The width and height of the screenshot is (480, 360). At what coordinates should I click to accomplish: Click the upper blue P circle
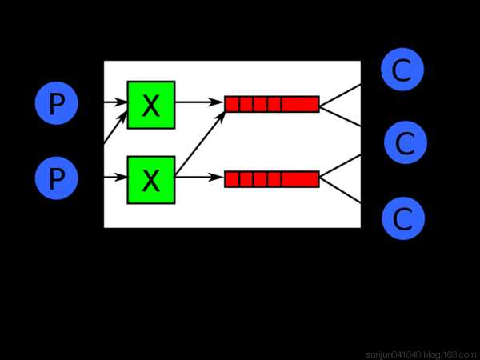click(56, 105)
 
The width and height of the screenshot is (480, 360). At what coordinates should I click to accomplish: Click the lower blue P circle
click(56, 178)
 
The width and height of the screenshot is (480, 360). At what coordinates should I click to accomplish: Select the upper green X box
click(150, 105)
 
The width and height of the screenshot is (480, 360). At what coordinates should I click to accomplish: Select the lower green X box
click(150, 179)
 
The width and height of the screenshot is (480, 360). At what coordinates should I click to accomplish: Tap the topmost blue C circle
click(402, 70)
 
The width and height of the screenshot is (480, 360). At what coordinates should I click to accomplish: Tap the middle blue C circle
click(405, 143)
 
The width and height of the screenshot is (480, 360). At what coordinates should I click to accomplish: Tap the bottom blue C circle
click(403, 218)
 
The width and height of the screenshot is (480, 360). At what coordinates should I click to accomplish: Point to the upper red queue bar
click(272, 104)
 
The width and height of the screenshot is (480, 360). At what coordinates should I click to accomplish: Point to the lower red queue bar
click(272, 179)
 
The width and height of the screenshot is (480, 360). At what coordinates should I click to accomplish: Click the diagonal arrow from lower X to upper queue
click(200, 141)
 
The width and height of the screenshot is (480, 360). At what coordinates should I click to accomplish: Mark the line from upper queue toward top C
click(340, 93)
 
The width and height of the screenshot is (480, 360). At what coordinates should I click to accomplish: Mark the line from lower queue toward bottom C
click(340, 190)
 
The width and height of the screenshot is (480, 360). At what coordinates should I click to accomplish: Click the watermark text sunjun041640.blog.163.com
click(421, 354)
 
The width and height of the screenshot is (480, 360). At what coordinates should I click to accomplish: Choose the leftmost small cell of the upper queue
click(232, 104)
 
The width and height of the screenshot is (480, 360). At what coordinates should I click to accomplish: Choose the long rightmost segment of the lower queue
click(300, 179)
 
